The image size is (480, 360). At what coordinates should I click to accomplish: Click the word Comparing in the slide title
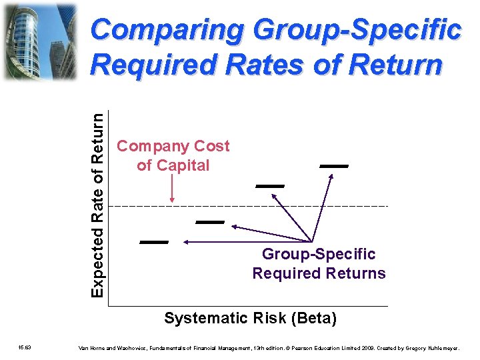169,31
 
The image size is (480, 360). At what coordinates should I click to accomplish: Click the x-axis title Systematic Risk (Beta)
250,319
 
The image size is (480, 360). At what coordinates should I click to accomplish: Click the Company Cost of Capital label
173,155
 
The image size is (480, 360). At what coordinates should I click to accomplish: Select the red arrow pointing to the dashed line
172,190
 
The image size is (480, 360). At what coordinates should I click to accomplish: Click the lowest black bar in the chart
153,242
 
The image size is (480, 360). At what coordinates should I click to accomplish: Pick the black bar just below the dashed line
210,221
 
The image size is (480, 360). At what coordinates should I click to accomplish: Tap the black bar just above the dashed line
270,185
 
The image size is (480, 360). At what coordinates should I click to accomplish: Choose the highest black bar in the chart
334,165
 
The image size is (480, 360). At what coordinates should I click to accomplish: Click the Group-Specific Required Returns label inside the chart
319,264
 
